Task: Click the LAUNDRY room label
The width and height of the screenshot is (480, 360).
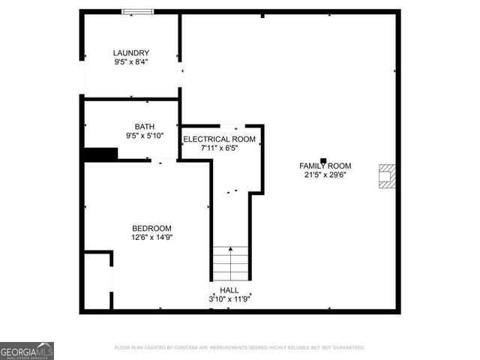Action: click(x=131, y=52)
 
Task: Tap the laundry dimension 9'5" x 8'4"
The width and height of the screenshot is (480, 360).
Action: click(x=131, y=62)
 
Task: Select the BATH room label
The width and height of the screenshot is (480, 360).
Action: click(x=144, y=126)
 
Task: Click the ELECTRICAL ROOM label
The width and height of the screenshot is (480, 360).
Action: click(x=220, y=139)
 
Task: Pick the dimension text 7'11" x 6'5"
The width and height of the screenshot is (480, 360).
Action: click(x=220, y=148)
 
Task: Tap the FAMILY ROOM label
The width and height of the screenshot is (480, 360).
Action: click(x=325, y=166)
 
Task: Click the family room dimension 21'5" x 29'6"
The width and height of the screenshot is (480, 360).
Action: click(x=325, y=175)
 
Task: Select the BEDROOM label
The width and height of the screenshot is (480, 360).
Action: click(x=151, y=228)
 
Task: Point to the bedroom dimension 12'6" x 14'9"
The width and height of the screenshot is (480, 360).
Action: click(x=151, y=238)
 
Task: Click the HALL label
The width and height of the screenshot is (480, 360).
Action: click(x=229, y=289)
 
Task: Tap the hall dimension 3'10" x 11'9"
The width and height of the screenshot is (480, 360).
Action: click(x=229, y=299)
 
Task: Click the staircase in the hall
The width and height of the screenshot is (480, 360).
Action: click(x=229, y=262)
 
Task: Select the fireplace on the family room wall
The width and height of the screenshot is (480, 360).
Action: click(x=387, y=175)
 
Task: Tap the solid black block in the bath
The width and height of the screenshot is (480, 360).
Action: click(x=100, y=154)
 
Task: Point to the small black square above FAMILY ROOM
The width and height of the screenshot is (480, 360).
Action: click(x=323, y=159)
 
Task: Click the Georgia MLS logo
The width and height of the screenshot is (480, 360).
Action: click(x=27, y=351)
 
